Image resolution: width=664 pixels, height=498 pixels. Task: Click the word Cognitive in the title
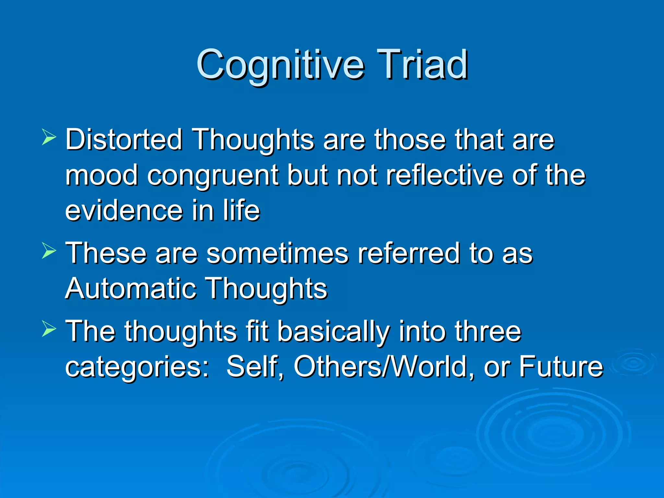[280, 65]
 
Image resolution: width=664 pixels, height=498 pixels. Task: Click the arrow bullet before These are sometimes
[49, 251]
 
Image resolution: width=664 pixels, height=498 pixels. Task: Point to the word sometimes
[277, 253]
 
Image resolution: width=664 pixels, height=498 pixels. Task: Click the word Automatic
[131, 289]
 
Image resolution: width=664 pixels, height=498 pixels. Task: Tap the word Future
[561, 367]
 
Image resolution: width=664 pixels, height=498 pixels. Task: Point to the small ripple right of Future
[632, 363]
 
